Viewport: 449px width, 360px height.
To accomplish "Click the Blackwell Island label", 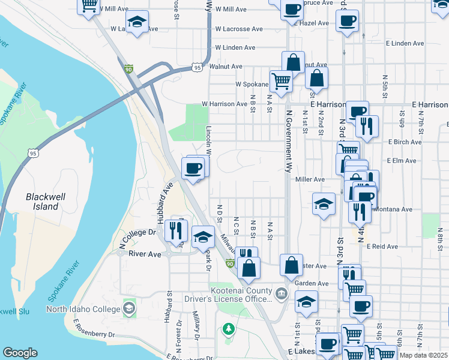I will [42, 202].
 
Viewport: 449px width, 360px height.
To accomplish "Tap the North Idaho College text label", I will [85, 310].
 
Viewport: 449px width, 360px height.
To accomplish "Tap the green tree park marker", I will [228, 328].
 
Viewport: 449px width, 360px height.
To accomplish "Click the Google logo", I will [20, 353].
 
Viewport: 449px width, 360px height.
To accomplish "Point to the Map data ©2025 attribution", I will [423, 355].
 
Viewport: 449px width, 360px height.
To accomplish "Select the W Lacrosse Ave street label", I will [239, 29].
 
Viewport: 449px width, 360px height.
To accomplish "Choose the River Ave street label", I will [145, 254].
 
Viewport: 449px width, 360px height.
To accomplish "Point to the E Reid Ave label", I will [384, 247].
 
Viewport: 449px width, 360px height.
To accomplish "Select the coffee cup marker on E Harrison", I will [358, 111].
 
